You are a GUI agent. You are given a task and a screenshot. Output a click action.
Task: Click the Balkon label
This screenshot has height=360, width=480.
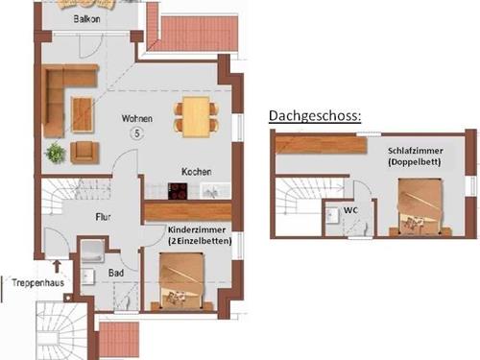[86, 19]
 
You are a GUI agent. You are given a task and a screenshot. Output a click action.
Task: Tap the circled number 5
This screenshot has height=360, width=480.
[137, 133]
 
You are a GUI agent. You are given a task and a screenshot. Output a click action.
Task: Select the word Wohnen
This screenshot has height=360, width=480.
[137, 118]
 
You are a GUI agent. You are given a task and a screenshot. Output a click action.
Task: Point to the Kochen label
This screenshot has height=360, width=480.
[197, 172]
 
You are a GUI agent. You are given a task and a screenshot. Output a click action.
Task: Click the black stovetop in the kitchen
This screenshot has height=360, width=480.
[178, 191]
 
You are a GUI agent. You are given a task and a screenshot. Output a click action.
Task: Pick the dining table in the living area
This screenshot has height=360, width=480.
[197, 117]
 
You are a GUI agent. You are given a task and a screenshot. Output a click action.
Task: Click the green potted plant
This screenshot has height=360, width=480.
[56, 154]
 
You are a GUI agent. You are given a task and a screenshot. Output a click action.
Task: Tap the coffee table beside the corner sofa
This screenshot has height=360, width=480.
[83, 115]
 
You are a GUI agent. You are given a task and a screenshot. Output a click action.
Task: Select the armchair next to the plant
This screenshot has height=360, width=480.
[84, 153]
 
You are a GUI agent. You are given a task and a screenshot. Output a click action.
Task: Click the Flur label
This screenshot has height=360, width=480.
[103, 217]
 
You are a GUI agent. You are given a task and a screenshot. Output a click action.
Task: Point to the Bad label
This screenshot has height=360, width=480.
[116, 273]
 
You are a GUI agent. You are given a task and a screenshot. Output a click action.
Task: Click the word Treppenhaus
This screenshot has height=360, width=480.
[38, 282]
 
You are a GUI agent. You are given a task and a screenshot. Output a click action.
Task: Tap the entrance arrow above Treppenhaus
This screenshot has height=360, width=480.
[57, 266]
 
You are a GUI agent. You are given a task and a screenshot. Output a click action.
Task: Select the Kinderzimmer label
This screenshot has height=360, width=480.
[197, 229]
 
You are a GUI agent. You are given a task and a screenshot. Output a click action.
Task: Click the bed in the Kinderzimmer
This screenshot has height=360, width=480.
[181, 281]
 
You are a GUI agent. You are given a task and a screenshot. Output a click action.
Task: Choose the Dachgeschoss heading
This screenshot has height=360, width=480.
[315, 116]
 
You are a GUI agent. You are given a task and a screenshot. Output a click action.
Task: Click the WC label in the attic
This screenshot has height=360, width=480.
[350, 210]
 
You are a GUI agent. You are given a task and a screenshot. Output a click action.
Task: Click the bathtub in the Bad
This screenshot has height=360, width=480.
[92, 251]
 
